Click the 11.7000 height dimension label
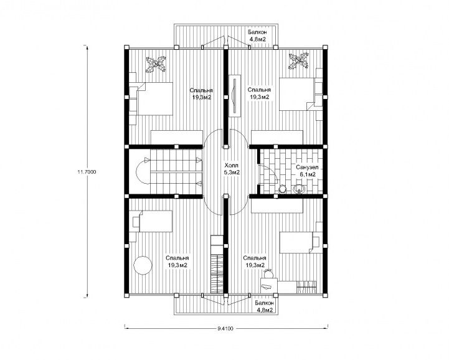pyautogui.click(x=87, y=172)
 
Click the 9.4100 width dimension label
pyautogui.click(x=225, y=329)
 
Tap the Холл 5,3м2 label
pyautogui.click(x=232, y=169)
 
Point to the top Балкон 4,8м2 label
pyautogui.click(x=257, y=36)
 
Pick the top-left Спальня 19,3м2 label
pyautogui.click(x=201, y=93)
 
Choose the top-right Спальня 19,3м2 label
pyautogui.click(x=260, y=93)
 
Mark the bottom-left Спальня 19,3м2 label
pyautogui.click(x=177, y=262)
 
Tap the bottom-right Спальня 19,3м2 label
pyautogui.click(x=255, y=262)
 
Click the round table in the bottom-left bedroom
pyautogui.click(x=143, y=265)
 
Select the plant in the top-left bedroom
pyautogui.click(x=156, y=64)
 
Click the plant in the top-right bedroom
pyautogui.click(x=299, y=60)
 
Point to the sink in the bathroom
pyautogui.click(x=300, y=189)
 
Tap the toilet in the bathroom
pyautogui.click(x=282, y=189)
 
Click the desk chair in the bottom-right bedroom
pyautogui.click(x=269, y=273)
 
